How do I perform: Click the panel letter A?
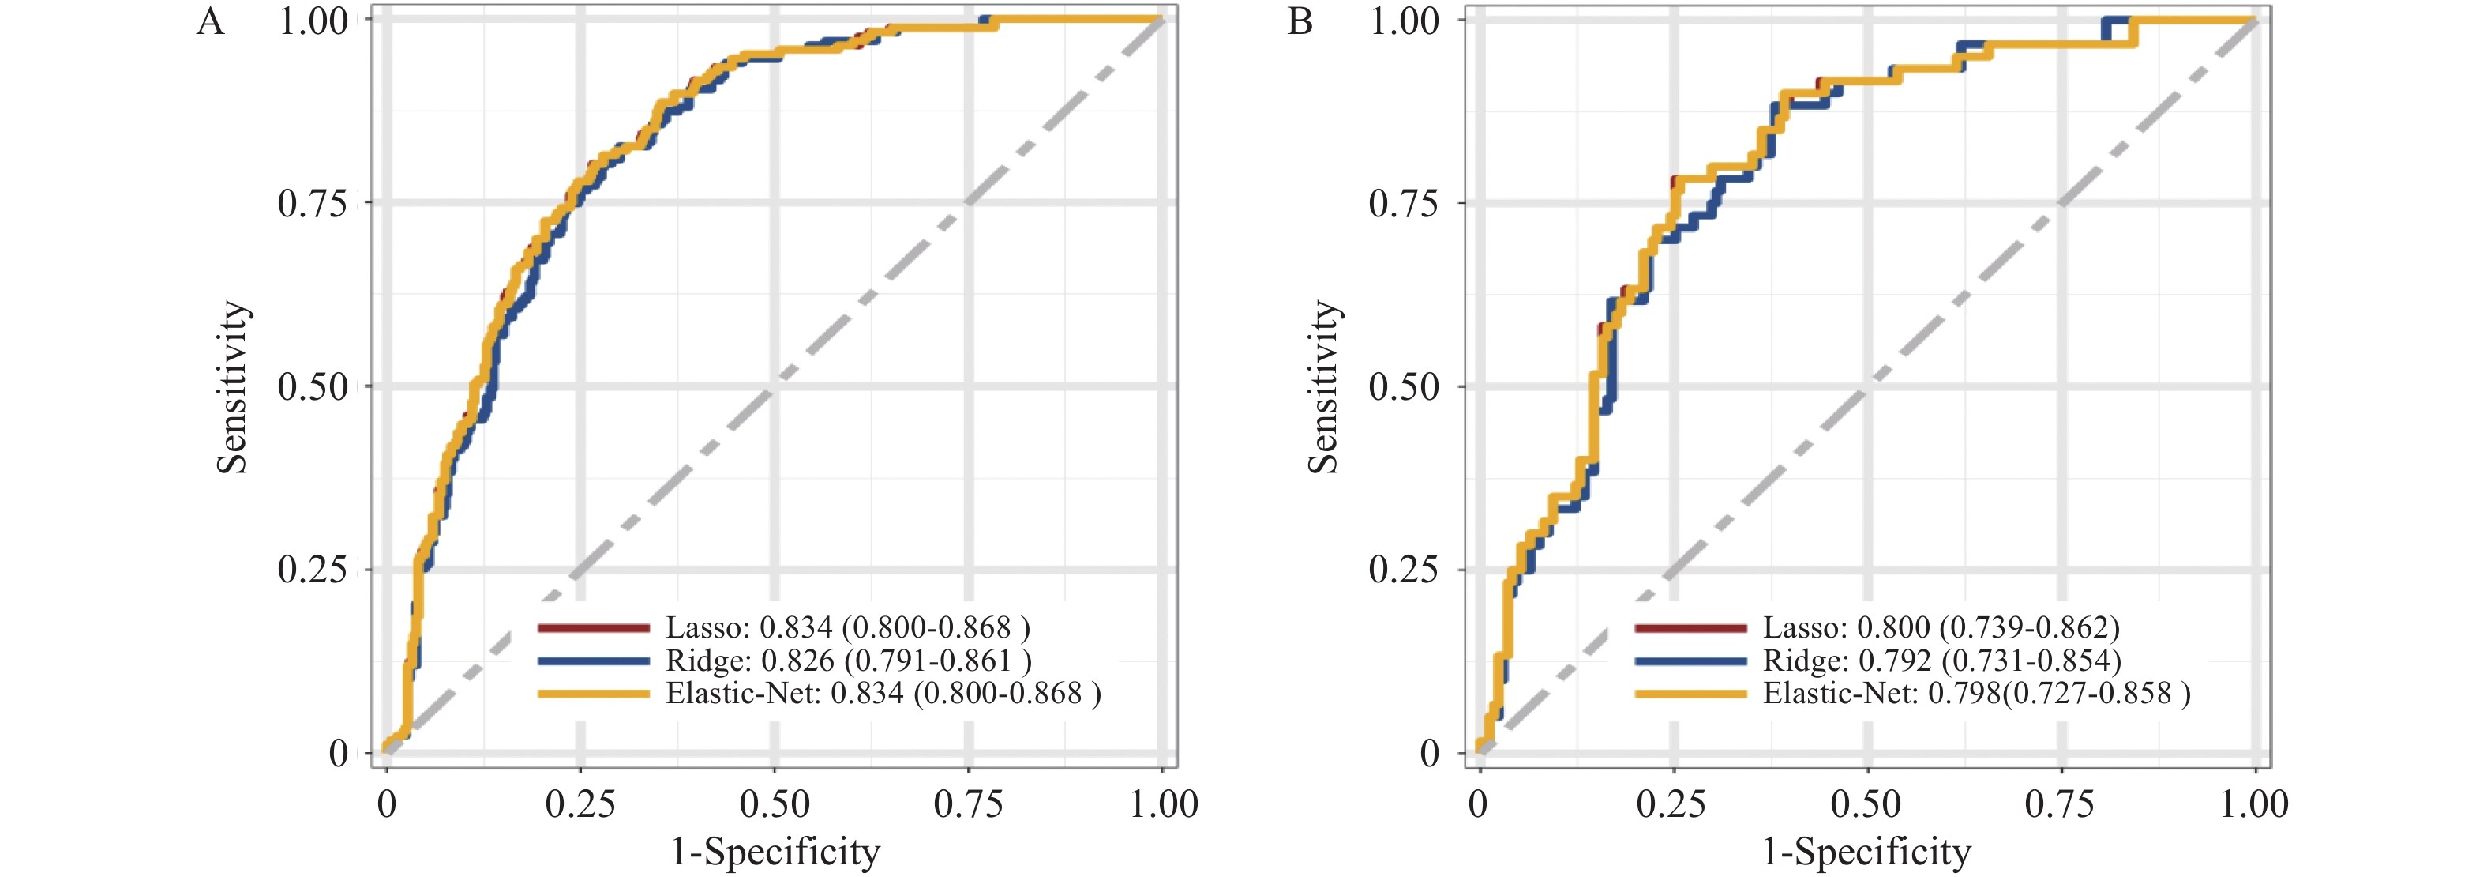pos(211,21)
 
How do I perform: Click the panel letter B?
pos(1300,21)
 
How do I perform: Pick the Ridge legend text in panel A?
pos(849,661)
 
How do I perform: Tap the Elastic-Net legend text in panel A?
pos(883,693)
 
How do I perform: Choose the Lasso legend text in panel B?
pos(1941,628)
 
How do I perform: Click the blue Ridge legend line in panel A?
pos(594,661)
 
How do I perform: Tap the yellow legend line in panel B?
pos(1690,694)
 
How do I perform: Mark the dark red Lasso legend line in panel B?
pos(1690,628)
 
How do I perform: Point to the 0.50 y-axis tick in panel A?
pos(312,386)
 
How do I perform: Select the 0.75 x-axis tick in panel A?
pos(968,804)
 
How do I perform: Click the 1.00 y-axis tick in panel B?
pos(1404,21)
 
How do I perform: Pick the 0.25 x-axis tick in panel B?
pos(1671,804)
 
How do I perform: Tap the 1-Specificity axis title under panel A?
pos(775,852)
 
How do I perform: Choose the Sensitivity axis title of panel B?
pos(1323,386)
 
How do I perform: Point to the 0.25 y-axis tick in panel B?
pos(1404,569)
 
